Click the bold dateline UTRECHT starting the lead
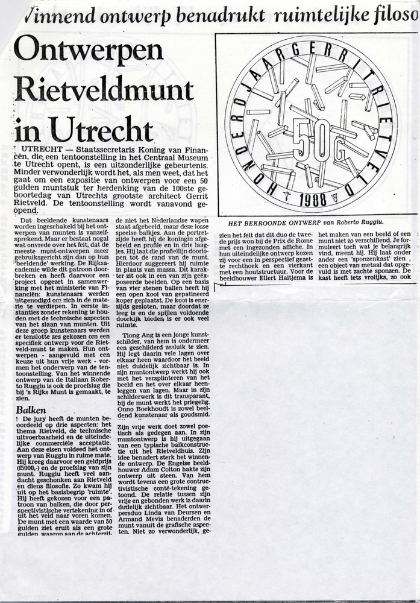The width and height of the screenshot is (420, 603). pyautogui.click(x=40, y=148)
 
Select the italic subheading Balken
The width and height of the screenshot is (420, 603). pyautogui.click(x=30, y=409)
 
